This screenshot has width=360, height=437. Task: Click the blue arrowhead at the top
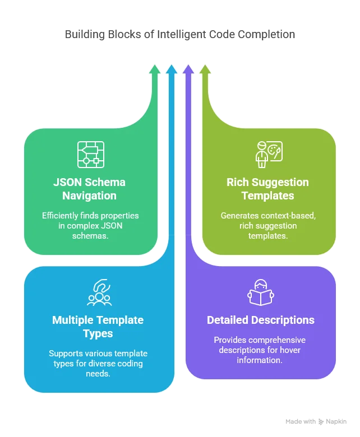172,69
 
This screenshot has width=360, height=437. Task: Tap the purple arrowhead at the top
188,69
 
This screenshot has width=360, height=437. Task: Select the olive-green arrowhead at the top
205,69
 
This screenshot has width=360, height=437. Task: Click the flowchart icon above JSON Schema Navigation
90,155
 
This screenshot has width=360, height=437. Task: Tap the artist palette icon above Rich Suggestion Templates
269,155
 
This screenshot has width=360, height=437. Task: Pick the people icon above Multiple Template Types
99,292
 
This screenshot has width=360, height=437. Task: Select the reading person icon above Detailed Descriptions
260,292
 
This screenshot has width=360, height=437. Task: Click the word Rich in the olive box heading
237,182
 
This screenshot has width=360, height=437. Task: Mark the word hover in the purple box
287,350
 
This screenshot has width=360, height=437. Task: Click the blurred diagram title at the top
179,35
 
